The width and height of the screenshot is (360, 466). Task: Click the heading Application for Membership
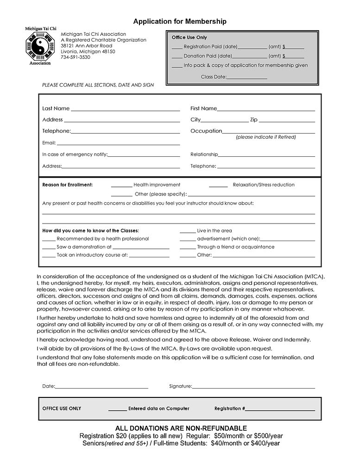pos(180,21)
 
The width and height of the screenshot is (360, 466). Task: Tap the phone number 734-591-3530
pos(76,57)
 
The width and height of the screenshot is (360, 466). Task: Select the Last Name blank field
pos(125,110)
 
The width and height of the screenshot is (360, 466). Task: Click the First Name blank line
pos(266,110)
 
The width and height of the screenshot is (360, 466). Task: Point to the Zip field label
pos(253,120)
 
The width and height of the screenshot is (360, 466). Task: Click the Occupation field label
pos(206,131)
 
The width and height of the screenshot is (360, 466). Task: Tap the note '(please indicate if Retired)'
pos(265,137)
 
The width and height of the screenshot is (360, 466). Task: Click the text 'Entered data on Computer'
pos(158,409)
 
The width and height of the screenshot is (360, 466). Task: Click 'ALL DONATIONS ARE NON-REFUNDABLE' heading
pos(181,428)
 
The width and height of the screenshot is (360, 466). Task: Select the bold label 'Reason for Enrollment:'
pos(68,185)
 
